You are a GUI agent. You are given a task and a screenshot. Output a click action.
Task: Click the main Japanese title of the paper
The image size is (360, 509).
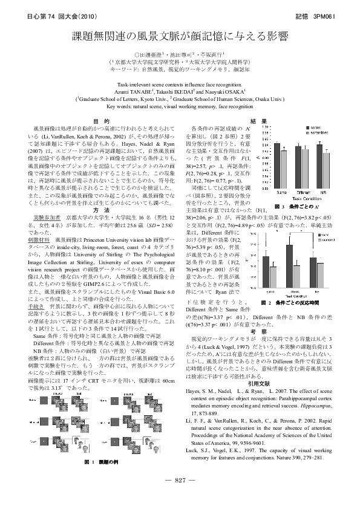coord(180,37)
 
